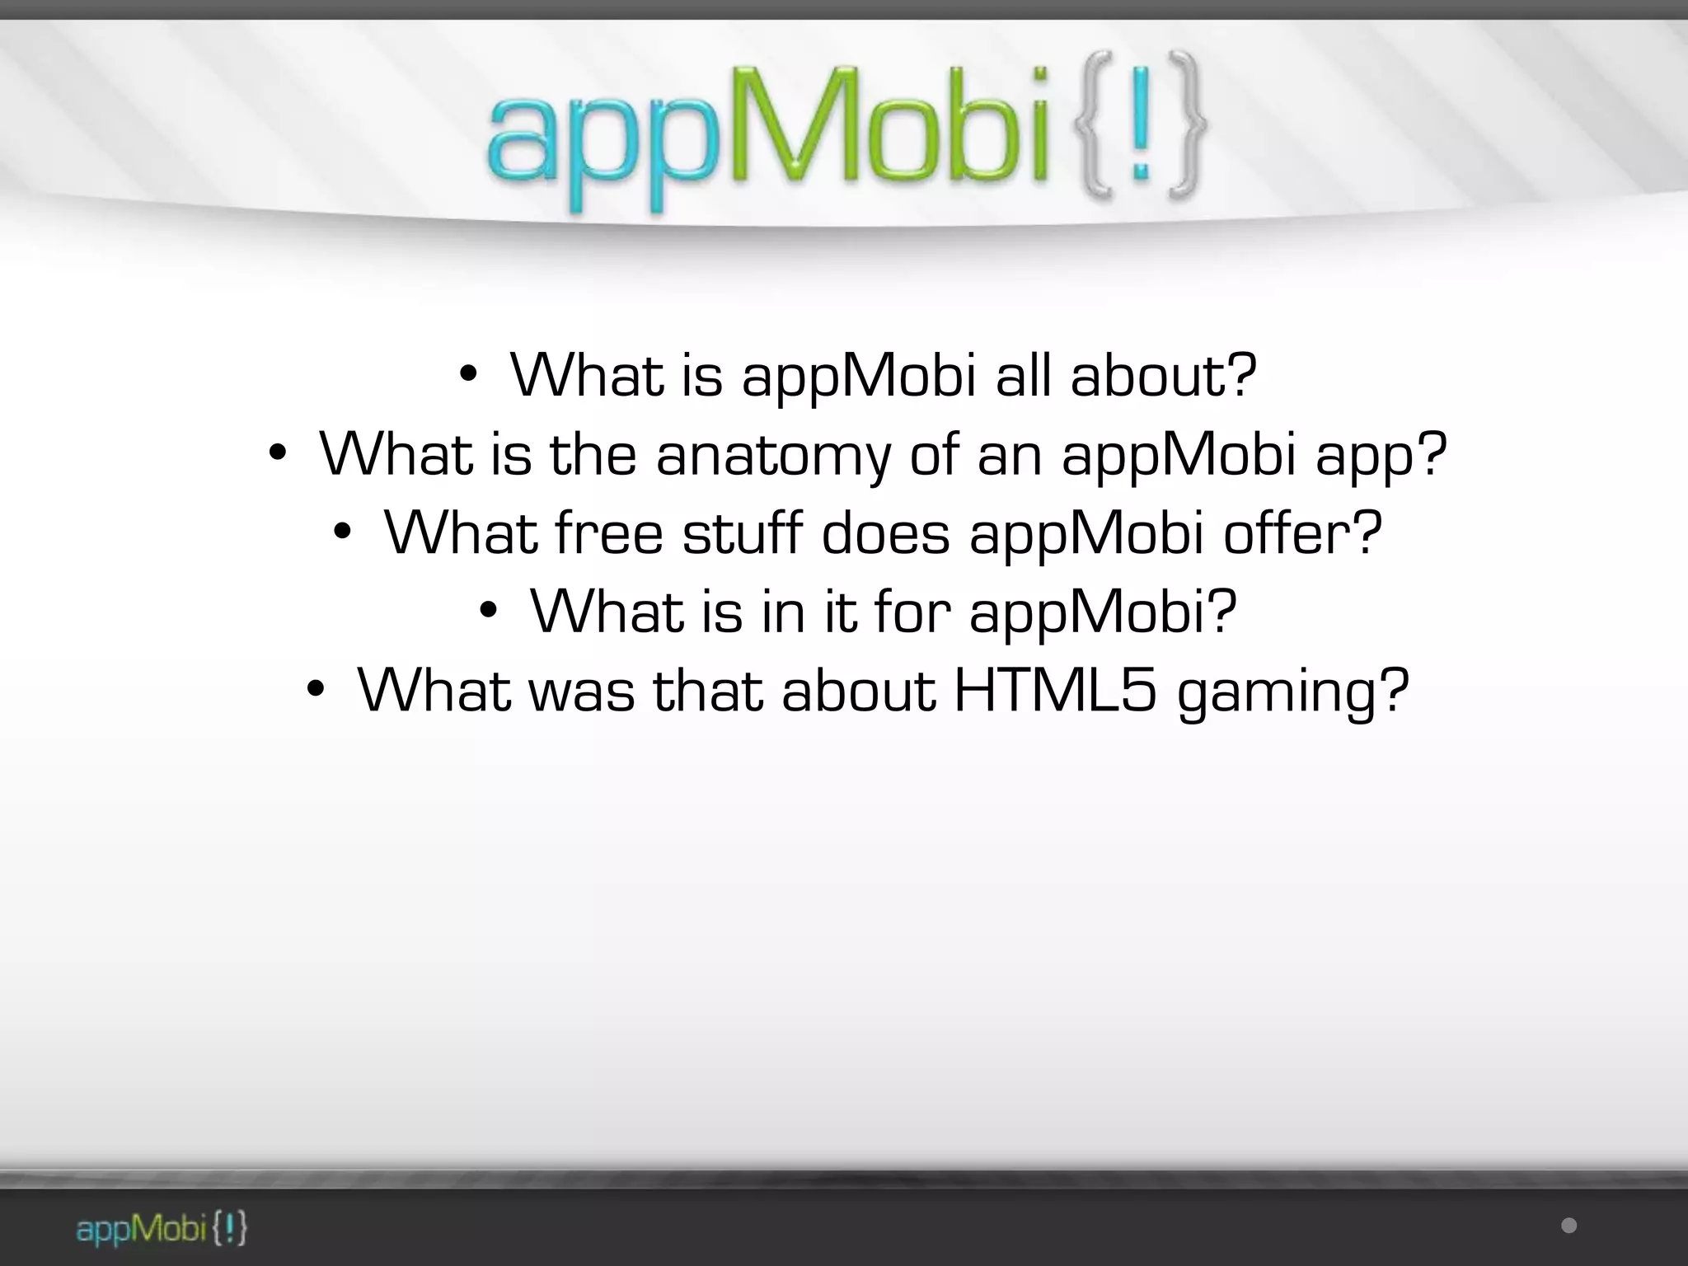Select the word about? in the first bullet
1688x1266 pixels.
click(x=1164, y=376)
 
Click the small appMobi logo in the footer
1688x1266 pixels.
click(x=162, y=1229)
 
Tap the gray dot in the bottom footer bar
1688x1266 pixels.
click(x=1568, y=1226)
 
